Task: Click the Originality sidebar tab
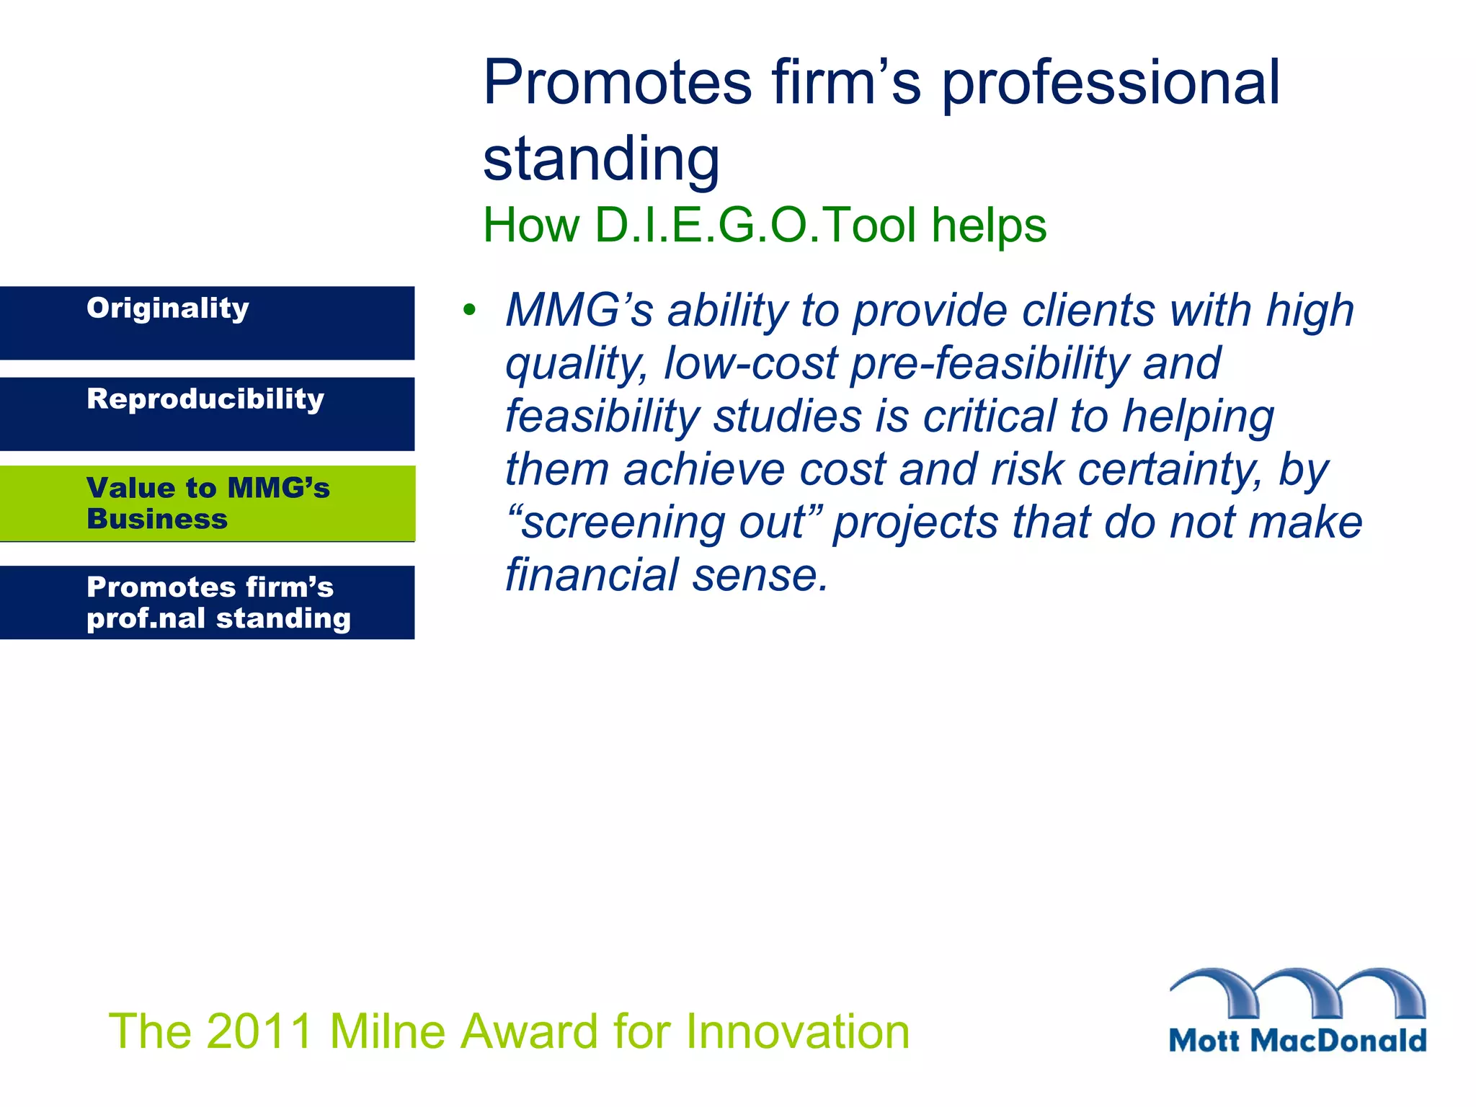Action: click(207, 323)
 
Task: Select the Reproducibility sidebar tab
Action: click(207, 414)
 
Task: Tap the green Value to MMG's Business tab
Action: click(207, 503)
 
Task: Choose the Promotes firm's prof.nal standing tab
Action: click(207, 603)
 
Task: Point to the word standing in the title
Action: click(601, 159)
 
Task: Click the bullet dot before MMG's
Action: click(470, 311)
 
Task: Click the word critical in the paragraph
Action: click(989, 417)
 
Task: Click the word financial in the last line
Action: click(592, 575)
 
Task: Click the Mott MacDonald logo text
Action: click(1297, 1041)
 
